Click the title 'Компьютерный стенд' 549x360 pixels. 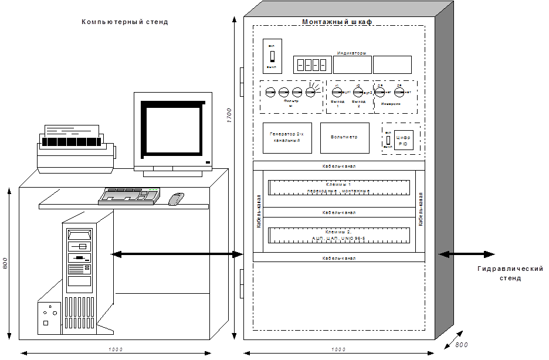tap(125, 22)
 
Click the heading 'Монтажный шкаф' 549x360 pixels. tap(337, 22)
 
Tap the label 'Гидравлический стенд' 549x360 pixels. tap(509, 273)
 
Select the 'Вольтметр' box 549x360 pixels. tap(344, 137)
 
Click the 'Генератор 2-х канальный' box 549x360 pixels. tap(287, 138)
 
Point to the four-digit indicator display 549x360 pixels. tap(311, 64)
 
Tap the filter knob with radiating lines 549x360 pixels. tap(311, 91)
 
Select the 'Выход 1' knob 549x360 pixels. tap(338, 92)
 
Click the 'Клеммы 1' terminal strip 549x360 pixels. tap(338, 188)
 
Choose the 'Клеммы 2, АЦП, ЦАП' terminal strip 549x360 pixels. tap(338, 235)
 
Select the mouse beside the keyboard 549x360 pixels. tap(176, 199)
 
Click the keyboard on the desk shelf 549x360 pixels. tap(130, 195)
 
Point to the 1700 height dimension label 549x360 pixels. tap(231, 115)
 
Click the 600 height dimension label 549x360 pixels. tap(5, 264)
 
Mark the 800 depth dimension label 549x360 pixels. tap(462, 345)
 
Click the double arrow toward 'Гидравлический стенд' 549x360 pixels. tap(467, 254)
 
